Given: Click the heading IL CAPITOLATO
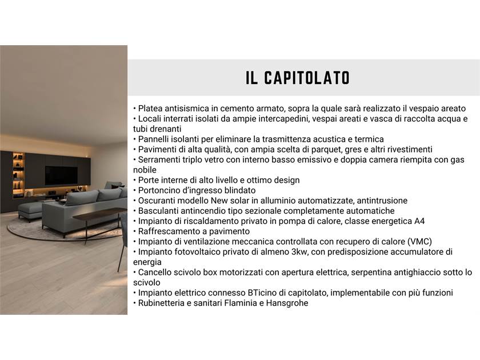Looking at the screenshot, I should (298, 78).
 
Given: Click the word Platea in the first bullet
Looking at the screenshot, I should (150, 109).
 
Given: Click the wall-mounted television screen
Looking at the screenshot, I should (62, 175).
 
